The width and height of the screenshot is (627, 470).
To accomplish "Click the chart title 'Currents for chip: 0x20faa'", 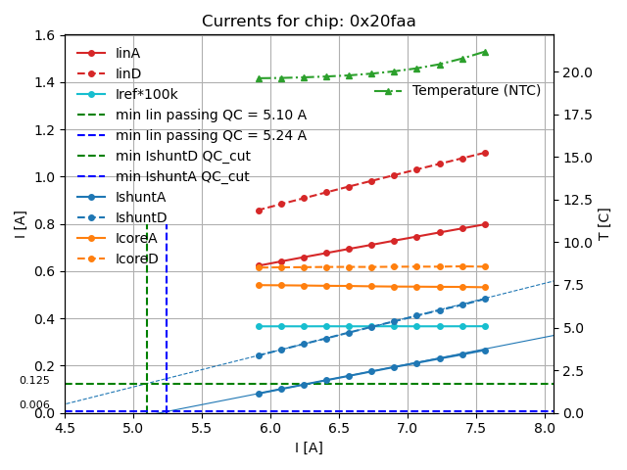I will pyautogui.click(x=309, y=22).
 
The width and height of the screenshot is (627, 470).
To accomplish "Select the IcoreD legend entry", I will pyautogui.click(x=137, y=258).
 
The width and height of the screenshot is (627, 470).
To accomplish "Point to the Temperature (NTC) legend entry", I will pyautogui.click(x=476, y=91).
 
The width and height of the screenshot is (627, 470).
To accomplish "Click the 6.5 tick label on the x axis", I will pyautogui.click(x=338, y=429).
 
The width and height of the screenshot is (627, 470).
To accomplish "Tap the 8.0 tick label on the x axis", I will pyautogui.click(x=544, y=429).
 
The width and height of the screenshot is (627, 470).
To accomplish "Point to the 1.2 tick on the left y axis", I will pyautogui.click(x=45, y=130).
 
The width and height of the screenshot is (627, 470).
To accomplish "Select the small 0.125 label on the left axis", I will pyautogui.click(x=34, y=381).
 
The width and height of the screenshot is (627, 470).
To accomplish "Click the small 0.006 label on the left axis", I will pyautogui.click(x=34, y=404).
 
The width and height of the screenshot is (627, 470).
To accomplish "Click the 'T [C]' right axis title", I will pyautogui.click(x=604, y=224).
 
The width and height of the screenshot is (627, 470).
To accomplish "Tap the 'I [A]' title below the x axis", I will pyautogui.click(x=309, y=447).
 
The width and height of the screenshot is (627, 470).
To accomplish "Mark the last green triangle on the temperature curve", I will pyautogui.click(x=485, y=52).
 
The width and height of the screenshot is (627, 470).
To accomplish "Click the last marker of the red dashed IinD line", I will pyautogui.click(x=485, y=153).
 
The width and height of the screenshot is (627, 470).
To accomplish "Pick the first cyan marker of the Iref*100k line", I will pyautogui.click(x=259, y=326).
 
